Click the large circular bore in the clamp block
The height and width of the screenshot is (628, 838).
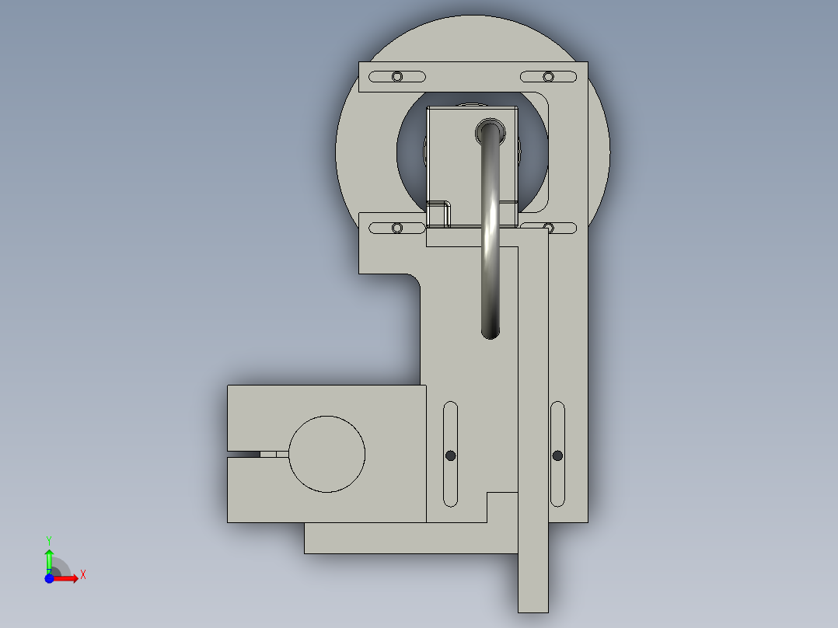coord(326,454)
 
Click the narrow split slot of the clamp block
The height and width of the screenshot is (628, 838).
coord(258,455)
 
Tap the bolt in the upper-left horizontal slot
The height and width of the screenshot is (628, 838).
coord(397,77)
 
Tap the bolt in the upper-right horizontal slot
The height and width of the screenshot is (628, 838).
coord(548,77)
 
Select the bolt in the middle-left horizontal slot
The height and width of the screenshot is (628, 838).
coord(397,229)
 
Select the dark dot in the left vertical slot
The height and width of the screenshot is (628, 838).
coord(451,455)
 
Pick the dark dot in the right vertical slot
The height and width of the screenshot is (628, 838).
coord(557,455)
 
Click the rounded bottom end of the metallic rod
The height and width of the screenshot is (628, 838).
coord(490,333)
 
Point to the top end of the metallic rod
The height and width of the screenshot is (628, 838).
coord(490,131)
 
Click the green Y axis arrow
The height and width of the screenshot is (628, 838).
coord(49,560)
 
